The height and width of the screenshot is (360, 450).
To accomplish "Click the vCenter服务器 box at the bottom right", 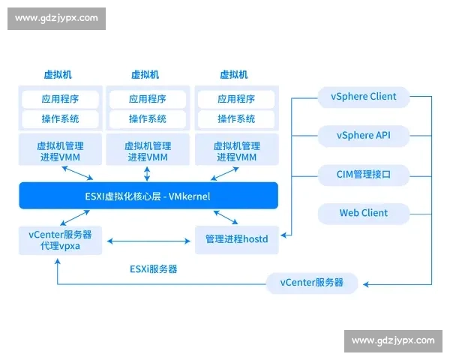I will (x=311, y=283).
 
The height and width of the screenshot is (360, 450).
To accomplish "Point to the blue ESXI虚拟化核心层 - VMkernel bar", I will (x=148, y=196).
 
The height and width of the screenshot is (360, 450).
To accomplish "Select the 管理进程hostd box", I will (x=236, y=239).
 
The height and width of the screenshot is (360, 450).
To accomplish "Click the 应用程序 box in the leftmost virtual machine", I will (x=59, y=99).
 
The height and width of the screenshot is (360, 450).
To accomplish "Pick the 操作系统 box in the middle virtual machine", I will (x=148, y=118).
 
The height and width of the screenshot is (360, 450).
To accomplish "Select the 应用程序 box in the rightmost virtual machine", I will (x=236, y=99).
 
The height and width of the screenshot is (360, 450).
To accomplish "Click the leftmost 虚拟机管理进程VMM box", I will (x=59, y=151).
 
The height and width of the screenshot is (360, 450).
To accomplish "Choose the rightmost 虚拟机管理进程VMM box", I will (x=236, y=151).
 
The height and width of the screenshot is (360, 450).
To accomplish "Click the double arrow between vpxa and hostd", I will (x=148, y=241).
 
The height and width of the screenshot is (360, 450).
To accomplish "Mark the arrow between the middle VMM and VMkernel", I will (x=148, y=174).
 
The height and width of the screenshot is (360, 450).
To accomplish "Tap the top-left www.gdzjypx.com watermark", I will (x=56, y=18).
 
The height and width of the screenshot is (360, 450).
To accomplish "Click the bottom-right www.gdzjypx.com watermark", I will (x=392, y=341).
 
